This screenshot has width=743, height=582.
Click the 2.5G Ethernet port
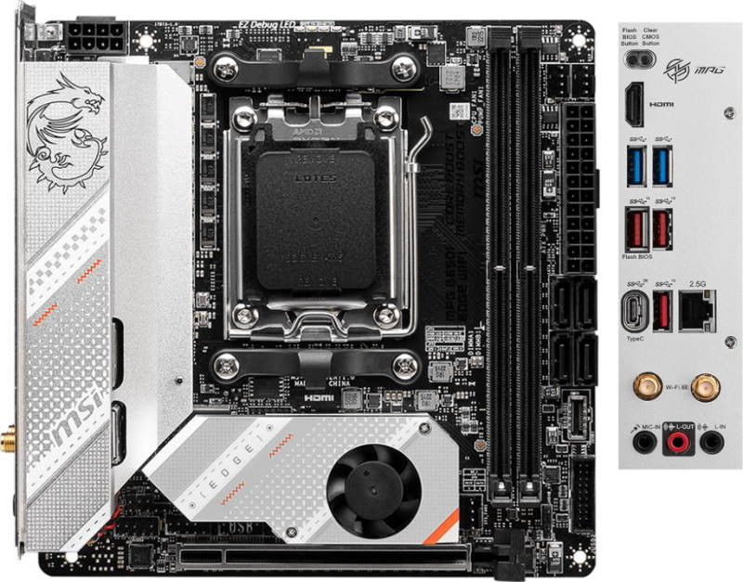coord(697,312)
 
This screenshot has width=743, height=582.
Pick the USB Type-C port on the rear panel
coord(637,313)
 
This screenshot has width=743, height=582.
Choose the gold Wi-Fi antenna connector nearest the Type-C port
coord(640,384)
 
